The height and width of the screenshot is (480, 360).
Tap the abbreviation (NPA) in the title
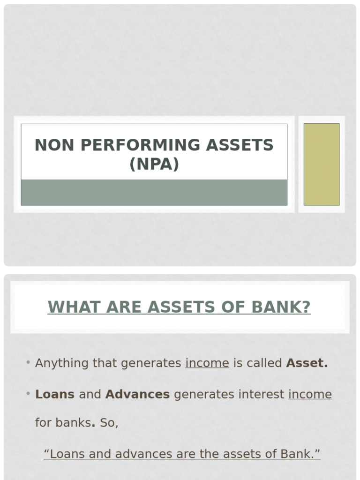pyautogui.click(x=154, y=165)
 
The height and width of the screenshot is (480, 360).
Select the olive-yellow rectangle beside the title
pyautogui.click(x=322, y=164)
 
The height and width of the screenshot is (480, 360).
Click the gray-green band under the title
pyautogui.click(x=154, y=192)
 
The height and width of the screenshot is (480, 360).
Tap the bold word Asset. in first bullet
pyautogui.click(x=307, y=363)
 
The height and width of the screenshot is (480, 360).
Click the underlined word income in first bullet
pyautogui.click(x=207, y=363)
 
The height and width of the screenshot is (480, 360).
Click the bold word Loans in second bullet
pyautogui.click(x=55, y=395)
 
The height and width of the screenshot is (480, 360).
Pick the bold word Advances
pyautogui.click(x=137, y=395)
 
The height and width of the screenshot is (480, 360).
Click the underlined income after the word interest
pyautogui.click(x=310, y=395)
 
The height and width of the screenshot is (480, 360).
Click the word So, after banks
pyautogui.click(x=109, y=423)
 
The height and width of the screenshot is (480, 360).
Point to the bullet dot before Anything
pyautogui.click(x=29, y=363)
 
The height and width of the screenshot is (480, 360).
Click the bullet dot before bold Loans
pyautogui.click(x=29, y=394)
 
